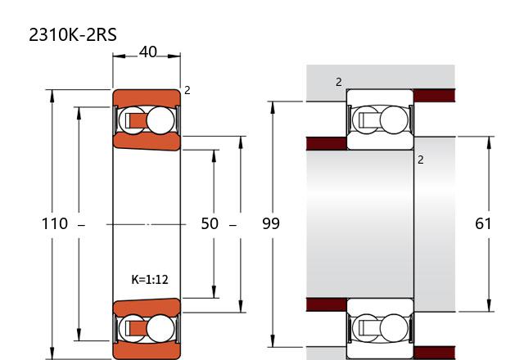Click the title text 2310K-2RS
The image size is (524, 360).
[73, 34]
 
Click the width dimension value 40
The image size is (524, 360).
[147, 52]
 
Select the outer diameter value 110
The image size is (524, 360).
[55, 223]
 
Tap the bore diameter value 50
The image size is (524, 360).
[210, 223]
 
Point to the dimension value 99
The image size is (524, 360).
[271, 223]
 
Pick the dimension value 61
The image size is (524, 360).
[483, 223]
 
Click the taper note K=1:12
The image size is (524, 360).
[150, 280]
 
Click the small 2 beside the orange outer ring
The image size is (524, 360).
[187, 90]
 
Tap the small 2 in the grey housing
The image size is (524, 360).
[339, 82]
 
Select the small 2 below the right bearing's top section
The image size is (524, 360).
[420, 160]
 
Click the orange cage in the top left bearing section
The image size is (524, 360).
[136, 120]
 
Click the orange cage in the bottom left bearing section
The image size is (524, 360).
[136, 329]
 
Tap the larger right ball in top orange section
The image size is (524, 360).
[160, 120]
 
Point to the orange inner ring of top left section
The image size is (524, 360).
[147, 142]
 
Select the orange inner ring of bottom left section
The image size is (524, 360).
[147, 308]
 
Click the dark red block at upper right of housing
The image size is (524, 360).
[435, 96]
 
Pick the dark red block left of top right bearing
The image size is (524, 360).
[327, 144]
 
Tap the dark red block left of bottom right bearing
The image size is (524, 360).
[327, 304]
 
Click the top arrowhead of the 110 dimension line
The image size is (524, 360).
[52, 96]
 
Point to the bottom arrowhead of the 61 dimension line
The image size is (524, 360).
[489, 305]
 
